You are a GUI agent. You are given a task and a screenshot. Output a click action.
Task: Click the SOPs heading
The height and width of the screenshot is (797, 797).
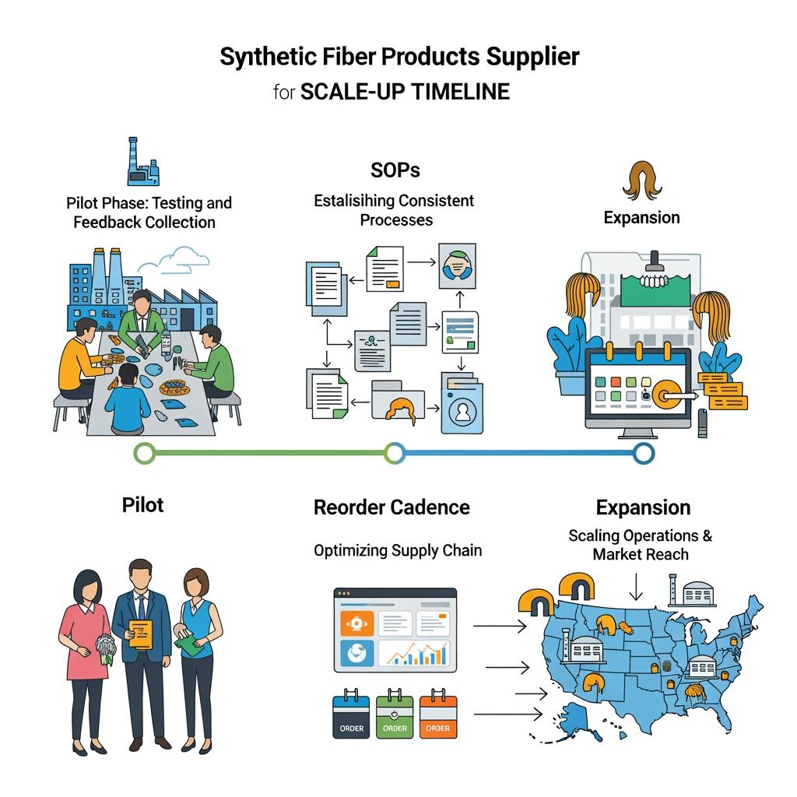point(396,170)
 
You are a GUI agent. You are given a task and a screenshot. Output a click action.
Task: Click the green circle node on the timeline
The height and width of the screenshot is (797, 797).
point(144,452)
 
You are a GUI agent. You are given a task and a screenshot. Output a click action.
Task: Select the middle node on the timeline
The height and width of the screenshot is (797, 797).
point(395,452)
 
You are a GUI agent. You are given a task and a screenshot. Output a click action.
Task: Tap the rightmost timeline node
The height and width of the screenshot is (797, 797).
point(643,452)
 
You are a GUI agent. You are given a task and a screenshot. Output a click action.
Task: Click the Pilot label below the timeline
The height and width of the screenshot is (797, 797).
point(143,505)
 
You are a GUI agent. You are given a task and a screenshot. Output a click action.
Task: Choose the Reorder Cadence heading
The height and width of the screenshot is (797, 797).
point(391,507)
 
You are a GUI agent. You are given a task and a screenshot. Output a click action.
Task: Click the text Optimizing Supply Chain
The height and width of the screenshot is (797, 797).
point(398,550)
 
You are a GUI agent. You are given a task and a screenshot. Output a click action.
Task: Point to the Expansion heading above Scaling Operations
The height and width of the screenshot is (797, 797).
point(643,507)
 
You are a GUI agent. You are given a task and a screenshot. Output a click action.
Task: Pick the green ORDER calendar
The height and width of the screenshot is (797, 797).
point(395,716)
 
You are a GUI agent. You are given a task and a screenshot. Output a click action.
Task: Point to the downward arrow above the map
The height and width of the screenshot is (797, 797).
point(636,586)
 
